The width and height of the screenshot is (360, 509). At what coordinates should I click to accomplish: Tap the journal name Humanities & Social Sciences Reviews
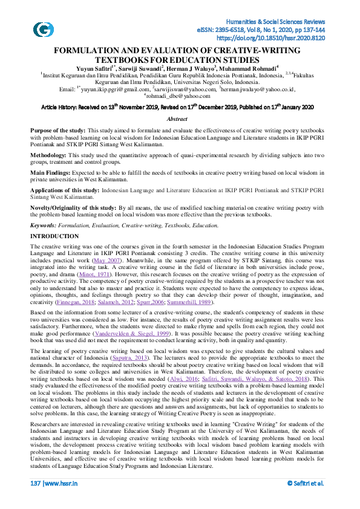[289, 21]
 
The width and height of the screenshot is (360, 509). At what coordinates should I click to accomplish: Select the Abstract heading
[177, 120]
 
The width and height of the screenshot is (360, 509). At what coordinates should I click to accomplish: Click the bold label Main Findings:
[51, 170]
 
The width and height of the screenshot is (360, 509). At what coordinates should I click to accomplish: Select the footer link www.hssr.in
[61, 500]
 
